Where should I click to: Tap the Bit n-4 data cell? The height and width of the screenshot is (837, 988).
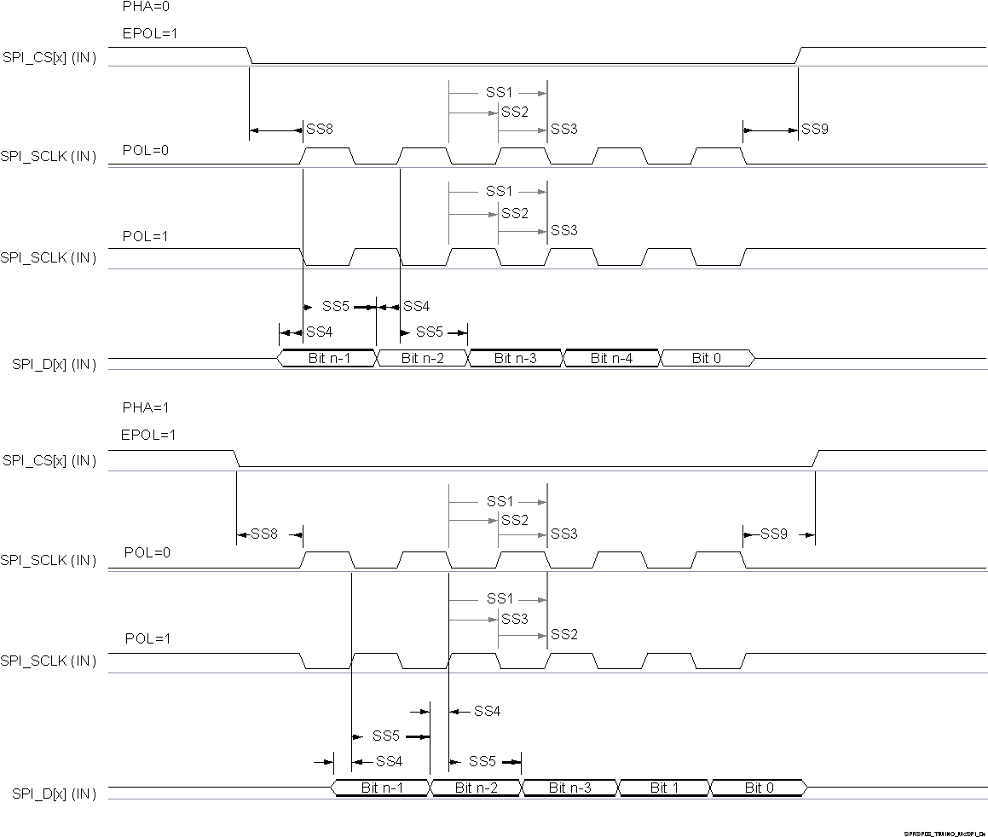point(611,359)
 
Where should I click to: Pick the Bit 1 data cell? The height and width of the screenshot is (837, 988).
point(664,788)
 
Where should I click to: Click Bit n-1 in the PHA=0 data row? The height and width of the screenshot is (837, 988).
point(328,359)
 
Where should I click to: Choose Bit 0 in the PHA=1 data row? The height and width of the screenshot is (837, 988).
point(759,788)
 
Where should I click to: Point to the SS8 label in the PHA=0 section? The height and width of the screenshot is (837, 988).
point(320,130)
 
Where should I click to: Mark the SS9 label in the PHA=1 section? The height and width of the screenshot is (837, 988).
point(774,534)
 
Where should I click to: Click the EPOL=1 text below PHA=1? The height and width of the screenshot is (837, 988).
point(148,435)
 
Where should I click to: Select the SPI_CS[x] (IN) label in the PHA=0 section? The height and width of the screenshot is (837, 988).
point(49,57)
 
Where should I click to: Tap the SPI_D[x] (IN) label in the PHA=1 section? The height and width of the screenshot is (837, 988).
point(54,794)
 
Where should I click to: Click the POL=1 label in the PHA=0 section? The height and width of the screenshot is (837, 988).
point(147,236)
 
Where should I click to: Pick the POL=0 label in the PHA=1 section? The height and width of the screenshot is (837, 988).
point(147,552)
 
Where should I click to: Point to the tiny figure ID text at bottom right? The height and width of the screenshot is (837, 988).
point(945,833)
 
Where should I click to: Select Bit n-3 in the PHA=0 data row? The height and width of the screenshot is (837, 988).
point(516,359)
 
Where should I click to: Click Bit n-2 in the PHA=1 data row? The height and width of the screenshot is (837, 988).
point(476,788)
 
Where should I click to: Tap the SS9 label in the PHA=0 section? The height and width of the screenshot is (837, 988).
point(815,130)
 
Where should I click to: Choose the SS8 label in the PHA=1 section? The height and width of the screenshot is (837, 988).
point(264,534)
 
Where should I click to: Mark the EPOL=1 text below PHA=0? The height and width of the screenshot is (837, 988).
point(148,34)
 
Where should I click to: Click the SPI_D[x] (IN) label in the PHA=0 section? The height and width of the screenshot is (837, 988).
point(54,364)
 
